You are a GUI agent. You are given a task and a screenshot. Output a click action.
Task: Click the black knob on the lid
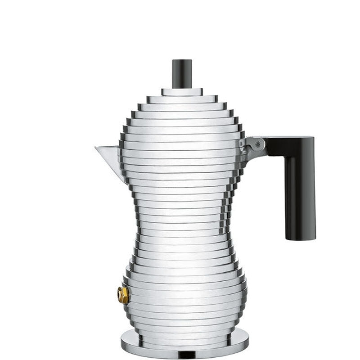click(x=182, y=74)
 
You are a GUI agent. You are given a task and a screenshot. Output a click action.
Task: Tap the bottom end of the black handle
click(x=300, y=238)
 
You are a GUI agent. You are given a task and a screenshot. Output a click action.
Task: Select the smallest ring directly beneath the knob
click(x=182, y=92)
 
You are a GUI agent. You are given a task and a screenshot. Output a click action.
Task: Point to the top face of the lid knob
click(x=182, y=61)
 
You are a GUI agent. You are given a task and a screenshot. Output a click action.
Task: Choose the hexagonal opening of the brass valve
click(x=121, y=295)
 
